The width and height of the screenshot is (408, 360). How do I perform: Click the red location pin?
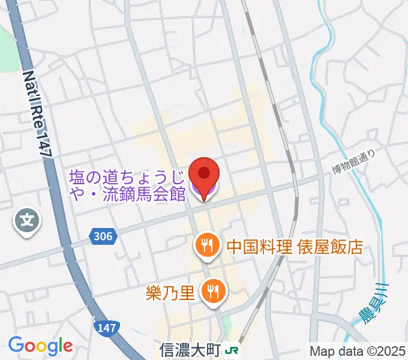204,175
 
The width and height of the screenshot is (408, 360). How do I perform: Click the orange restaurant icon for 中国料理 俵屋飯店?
206,246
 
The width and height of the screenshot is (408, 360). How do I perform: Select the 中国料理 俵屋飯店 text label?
294,246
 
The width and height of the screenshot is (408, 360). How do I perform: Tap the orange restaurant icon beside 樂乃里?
212,292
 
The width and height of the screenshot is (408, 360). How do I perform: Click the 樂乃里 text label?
170,293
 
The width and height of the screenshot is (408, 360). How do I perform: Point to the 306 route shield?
103,236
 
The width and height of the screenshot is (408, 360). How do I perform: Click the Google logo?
40,346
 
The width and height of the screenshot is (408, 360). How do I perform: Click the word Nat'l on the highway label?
30,84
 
